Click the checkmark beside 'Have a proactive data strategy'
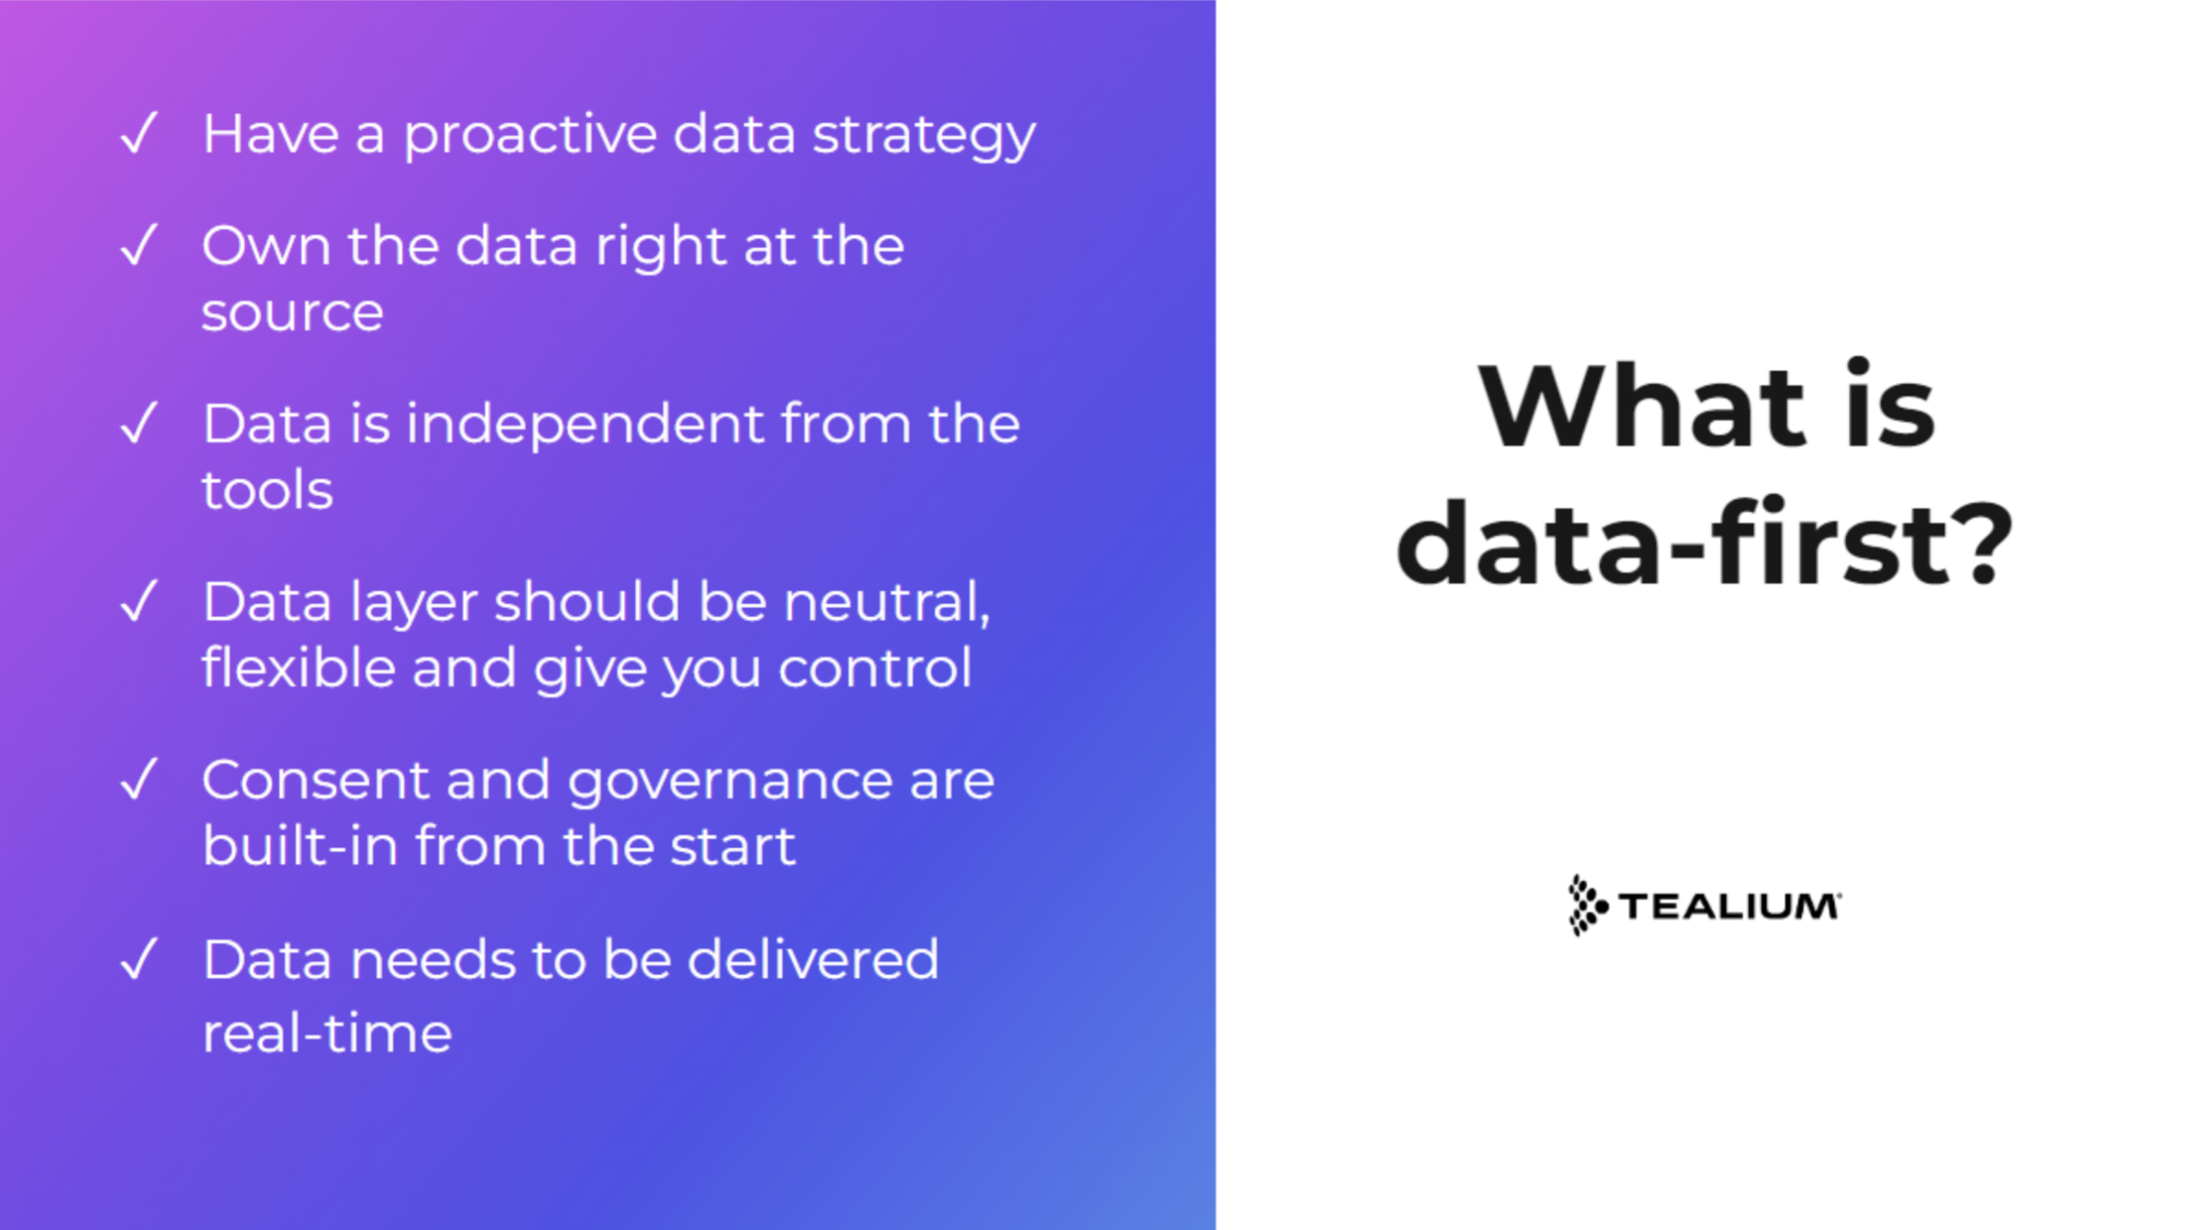click(x=140, y=133)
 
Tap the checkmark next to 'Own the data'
click(x=140, y=245)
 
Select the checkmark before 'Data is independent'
click(x=140, y=424)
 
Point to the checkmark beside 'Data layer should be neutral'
click(x=140, y=602)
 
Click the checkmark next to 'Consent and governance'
click(x=140, y=780)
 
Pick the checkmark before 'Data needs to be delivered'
click(x=140, y=959)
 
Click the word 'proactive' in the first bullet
click(x=529, y=135)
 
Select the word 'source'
click(x=292, y=313)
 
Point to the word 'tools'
click(x=267, y=490)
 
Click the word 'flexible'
click(x=299, y=668)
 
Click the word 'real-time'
click(x=326, y=1032)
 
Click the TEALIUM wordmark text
click(x=1729, y=906)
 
